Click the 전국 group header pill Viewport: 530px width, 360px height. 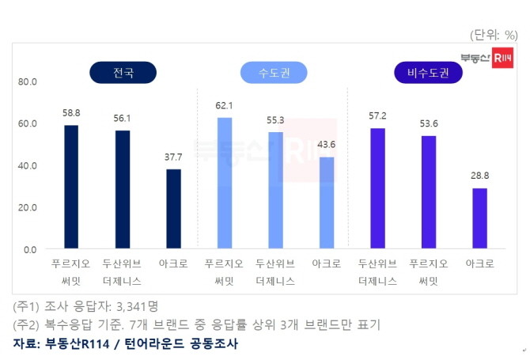(x=123, y=74)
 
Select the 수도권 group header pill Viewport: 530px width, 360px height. (x=274, y=74)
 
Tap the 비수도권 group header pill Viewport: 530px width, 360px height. (x=428, y=74)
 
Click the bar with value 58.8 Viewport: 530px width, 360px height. (x=71, y=187)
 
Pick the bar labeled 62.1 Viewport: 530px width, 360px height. (x=225, y=184)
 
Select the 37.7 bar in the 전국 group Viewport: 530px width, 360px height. (x=173, y=209)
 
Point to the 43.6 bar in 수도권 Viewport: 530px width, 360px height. (x=326, y=203)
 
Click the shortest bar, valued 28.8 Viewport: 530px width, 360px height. (x=479, y=218)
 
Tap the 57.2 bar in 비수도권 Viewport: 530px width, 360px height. (x=377, y=188)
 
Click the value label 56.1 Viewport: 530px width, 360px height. (x=122, y=119)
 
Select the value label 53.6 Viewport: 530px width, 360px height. (x=428, y=123)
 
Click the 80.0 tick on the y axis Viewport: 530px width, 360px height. (x=28, y=81)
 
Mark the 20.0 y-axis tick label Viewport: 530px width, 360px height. (x=28, y=207)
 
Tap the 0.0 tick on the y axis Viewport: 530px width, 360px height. (x=30, y=249)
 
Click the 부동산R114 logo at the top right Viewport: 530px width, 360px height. (x=486, y=58)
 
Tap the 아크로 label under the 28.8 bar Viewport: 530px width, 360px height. (x=479, y=264)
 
